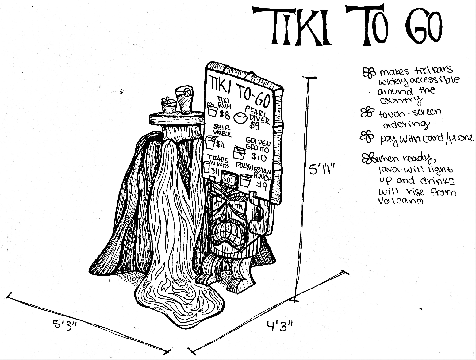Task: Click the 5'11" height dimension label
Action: pyautogui.click(x=321, y=168)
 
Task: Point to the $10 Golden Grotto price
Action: pyautogui.click(x=259, y=157)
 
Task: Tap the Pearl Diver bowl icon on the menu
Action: pyautogui.click(x=241, y=117)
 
